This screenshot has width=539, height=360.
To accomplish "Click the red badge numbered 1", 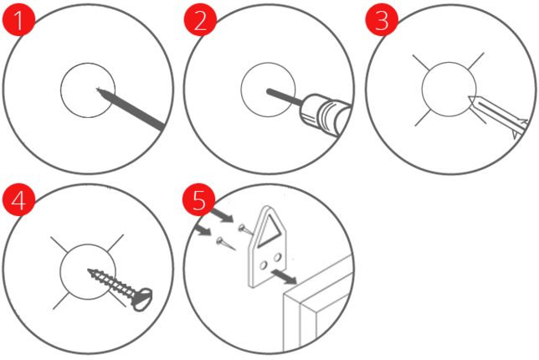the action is (x=18, y=19).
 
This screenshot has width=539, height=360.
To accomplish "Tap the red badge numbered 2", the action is (x=200, y=19).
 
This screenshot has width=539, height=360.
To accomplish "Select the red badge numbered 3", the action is (x=382, y=19).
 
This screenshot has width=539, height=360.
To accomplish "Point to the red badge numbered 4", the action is (x=18, y=200).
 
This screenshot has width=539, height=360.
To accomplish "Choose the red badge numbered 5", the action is (x=198, y=200).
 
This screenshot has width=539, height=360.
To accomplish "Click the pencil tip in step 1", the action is (x=97, y=89).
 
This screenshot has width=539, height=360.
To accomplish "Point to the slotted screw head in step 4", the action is (x=141, y=299).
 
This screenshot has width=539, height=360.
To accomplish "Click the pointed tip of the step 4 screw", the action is (x=89, y=270).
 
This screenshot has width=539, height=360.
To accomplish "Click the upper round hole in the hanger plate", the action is (x=277, y=257).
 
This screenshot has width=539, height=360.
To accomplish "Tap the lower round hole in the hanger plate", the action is (x=264, y=265).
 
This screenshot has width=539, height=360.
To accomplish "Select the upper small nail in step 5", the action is (x=246, y=229).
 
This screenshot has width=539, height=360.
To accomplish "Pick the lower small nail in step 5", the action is (x=225, y=244).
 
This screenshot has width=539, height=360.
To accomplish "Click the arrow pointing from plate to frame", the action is (x=284, y=277).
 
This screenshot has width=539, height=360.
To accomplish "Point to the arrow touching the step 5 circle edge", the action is (x=203, y=229).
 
